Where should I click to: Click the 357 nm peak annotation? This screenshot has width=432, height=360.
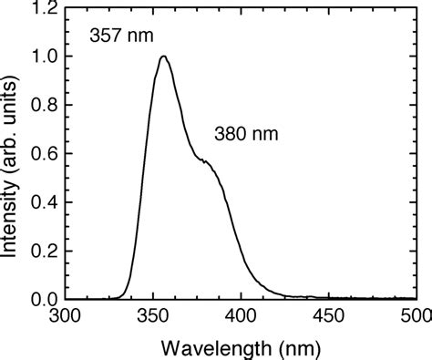click(121, 36)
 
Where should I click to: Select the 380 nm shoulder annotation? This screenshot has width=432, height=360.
click(245, 134)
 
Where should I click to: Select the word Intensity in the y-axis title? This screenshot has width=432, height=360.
click(12, 220)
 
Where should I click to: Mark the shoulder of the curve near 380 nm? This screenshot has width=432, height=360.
click(208, 162)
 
